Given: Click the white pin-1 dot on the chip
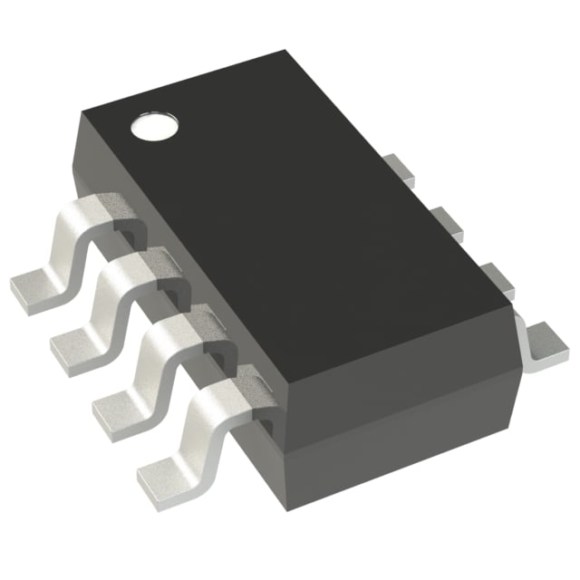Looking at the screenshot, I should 151,128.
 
